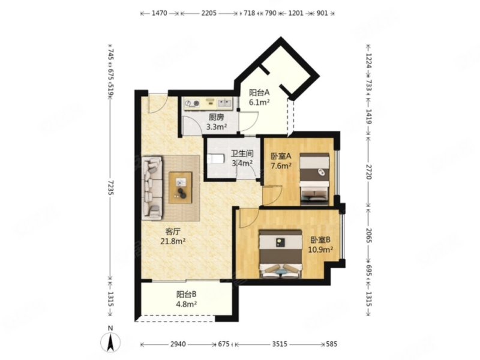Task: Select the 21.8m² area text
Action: coord(173,241)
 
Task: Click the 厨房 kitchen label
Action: coord(216,117)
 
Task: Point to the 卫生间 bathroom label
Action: coord(242,154)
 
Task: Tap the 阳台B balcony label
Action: coord(186,295)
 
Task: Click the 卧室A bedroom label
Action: coord(281,156)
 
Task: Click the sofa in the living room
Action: coord(152,188)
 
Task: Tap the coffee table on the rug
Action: coord(181,188)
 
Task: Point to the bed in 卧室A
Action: coord(314,179)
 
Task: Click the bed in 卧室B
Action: coord(281,254)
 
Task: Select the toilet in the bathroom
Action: coord(214,159)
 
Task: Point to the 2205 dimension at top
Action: coord(209,13)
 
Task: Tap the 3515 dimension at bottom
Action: coord(280,344)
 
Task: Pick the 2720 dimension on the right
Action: coord(368,172)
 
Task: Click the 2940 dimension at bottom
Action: coord(178,344)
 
